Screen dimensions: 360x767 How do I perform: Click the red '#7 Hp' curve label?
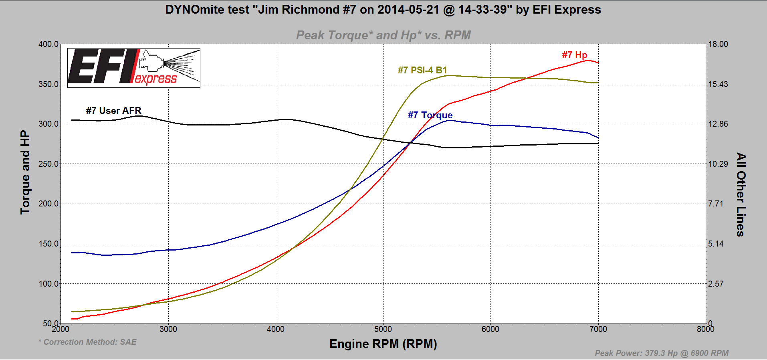pyautogui.click(x=574, y=55)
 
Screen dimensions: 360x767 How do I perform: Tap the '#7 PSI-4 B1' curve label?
pyautogui.click(x=422, y=70)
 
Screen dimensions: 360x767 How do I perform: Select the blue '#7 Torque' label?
pyautogui.click(x=430, y=115)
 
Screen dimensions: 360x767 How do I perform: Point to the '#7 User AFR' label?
pyautogui.click(x=113, y=111)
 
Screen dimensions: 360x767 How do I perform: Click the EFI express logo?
pyautogui.click(x=133, y=68)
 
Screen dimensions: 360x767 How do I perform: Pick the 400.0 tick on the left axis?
pyautogui.click(x=48, y=44)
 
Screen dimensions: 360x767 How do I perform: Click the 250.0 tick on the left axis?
pyautogui.click(x=48, y=164)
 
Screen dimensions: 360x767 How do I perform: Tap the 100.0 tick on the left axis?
pyautogui.click(x=48, y=284)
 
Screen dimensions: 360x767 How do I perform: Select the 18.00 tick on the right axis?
pyautogui.click(x=718, y=44)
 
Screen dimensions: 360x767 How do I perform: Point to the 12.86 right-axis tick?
pyautogui.click(x=718, y=124)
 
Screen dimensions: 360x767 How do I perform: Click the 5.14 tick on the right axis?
pyautogui.click(x=716, y=244)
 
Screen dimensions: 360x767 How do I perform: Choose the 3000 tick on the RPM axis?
pyautogui.click(x=168, y=329)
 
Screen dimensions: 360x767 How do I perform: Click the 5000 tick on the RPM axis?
pyautogui.click(x=383, y=329)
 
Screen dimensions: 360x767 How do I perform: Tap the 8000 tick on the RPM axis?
pyautogui.click(x=705, y=329)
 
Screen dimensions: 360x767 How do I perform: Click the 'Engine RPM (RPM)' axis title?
pyautogui.click(x=383, y=344)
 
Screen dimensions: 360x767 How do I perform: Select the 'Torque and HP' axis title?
pyautogui.click(x=25, y=172)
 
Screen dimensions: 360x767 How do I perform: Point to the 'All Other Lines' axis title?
pyautogui.click(x=741, y=194)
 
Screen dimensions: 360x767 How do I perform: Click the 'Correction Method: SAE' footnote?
pyautogui.click(x=88, y=342)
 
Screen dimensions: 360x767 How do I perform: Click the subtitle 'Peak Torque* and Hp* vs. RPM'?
pyautogui.click(x=383, y=35)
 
